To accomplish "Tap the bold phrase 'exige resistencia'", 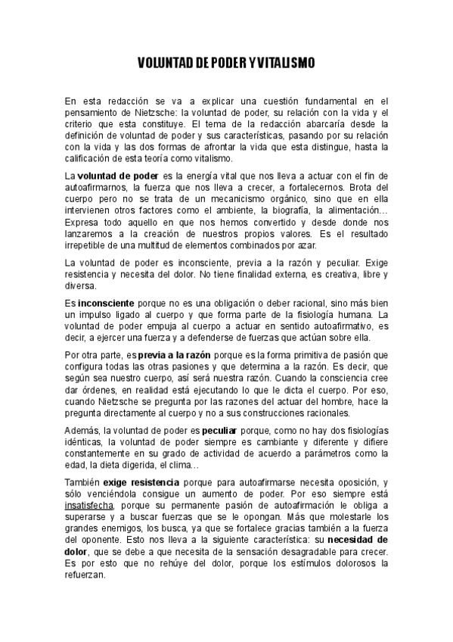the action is click(x=141, y=481).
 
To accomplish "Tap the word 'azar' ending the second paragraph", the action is click(x=307, y=245).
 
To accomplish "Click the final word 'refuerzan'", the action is click(x=85, y=575).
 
